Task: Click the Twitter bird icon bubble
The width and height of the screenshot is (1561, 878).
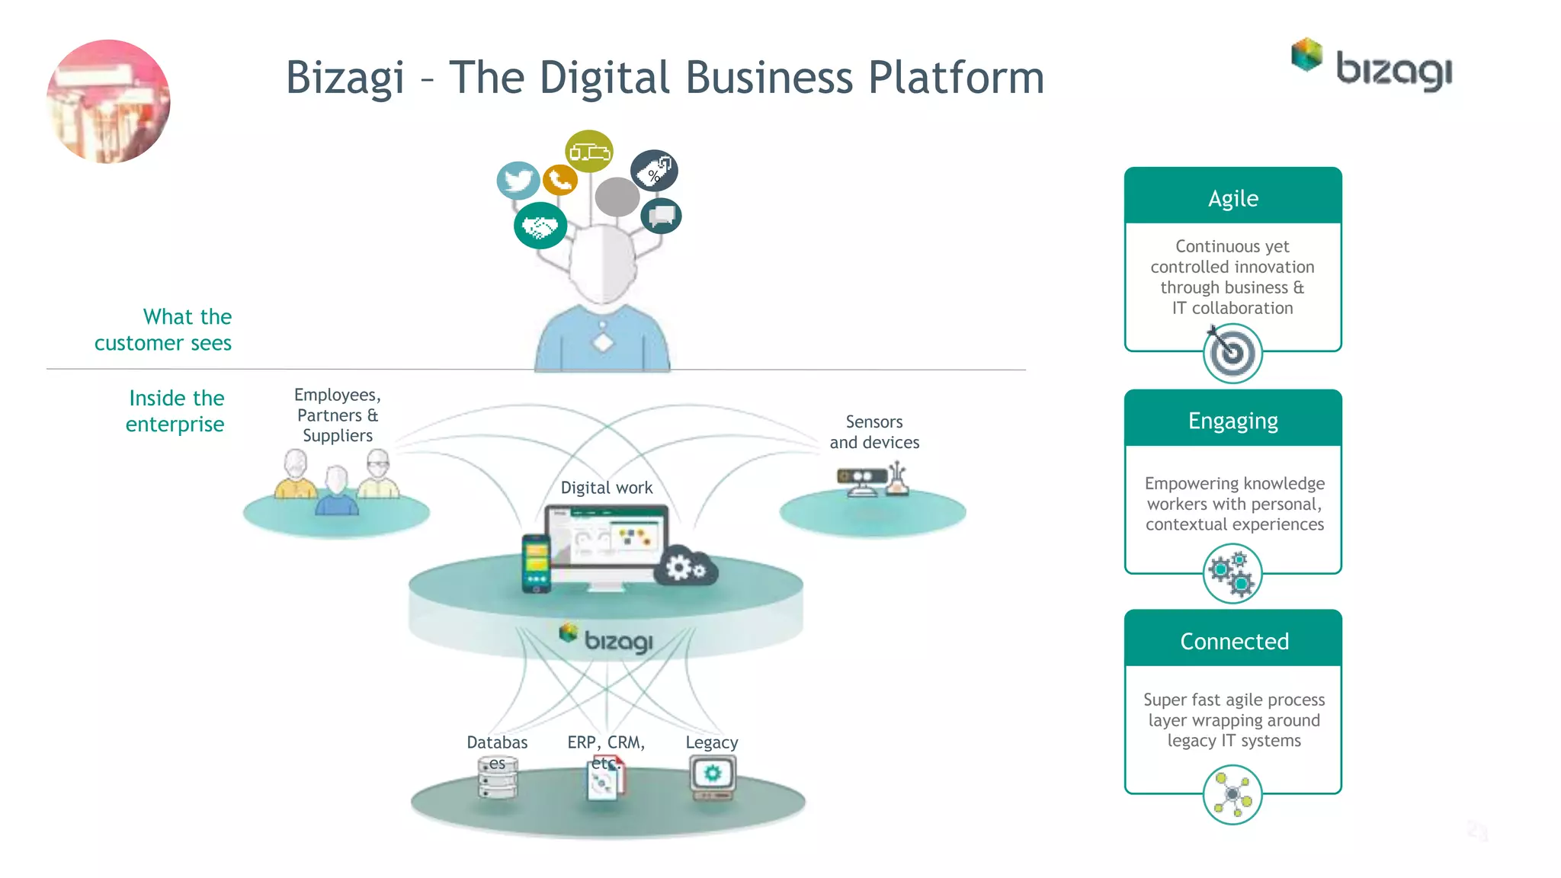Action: point(518,181)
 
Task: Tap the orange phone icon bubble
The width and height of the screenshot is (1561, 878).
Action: point(560,180)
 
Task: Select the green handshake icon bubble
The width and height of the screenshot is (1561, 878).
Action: point(540,226)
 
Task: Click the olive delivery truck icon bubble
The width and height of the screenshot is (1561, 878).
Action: point(589,151)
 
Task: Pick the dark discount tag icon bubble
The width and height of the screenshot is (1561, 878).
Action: point(654,171)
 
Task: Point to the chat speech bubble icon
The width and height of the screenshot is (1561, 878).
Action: point(661,216)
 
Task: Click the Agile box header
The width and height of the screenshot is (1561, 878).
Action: point(1232,197)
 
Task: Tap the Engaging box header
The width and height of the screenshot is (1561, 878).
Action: point(1232,420)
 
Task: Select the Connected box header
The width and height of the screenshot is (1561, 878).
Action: point(1232,640)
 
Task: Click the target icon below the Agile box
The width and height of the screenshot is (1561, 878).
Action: point(1232,353)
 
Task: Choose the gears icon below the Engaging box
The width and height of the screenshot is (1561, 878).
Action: point(1232,574)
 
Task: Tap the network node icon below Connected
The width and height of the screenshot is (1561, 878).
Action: point(1232,795)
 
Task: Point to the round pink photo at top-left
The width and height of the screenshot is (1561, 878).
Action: point(108,101)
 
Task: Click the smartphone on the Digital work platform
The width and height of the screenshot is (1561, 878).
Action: point(536,563)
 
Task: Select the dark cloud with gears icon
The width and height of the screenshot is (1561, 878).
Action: point(686,566)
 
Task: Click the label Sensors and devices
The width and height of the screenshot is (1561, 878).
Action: point(874,432)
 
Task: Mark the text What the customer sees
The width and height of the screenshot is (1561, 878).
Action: point(163,330)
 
